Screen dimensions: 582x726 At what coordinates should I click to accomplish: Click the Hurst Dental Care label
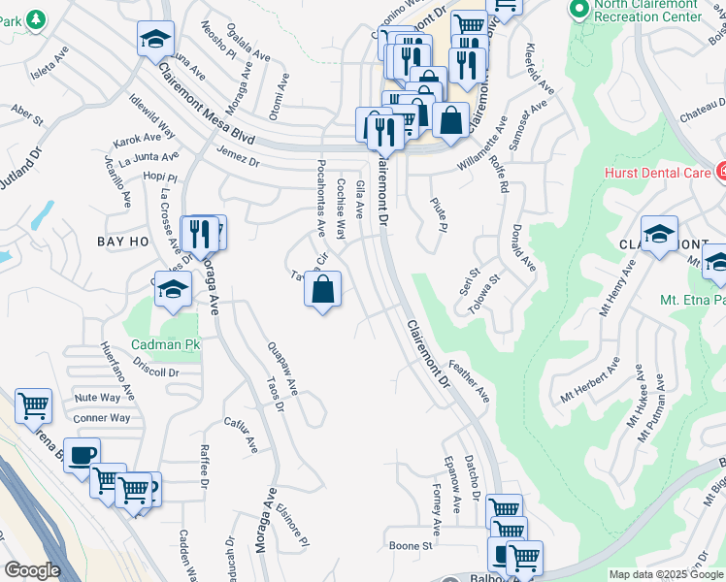click(x=657, y=173)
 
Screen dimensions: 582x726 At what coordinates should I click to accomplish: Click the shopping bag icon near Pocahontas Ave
click(x=323, y=289)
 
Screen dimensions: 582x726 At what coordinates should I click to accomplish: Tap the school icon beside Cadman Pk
click(x=173, y=290)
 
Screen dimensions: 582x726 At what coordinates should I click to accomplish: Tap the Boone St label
click(x=410, y=546)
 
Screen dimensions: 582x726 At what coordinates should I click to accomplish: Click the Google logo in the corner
click(x=31, y=570)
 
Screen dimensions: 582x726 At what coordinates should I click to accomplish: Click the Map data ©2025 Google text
click(x=667, y=574)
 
